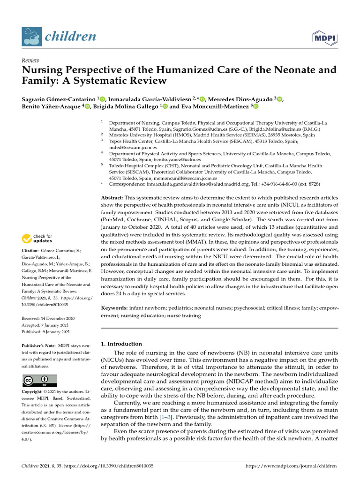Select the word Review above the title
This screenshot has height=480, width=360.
click(30, 61)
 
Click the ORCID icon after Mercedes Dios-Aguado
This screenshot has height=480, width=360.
click(280, 99)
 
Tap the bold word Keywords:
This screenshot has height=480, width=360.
click(114, 309)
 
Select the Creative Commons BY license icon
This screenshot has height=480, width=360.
click(39, 380)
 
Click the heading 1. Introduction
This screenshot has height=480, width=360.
click(121, 344)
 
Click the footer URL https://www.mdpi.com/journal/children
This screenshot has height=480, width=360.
click(291, 466)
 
